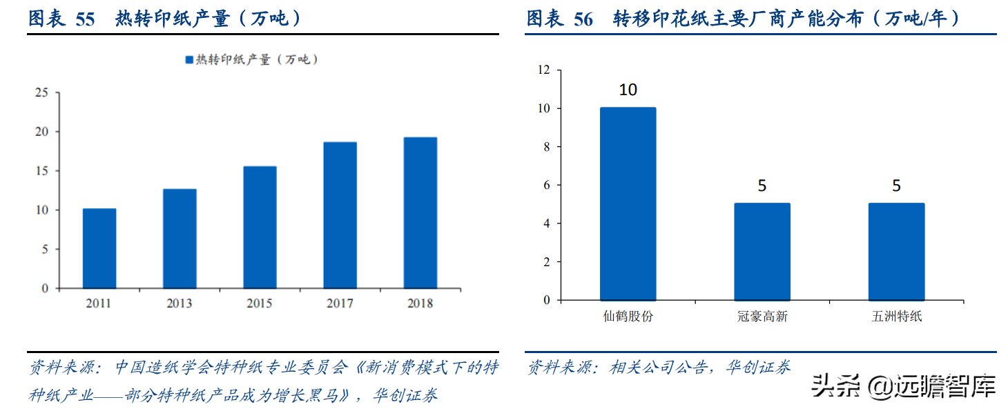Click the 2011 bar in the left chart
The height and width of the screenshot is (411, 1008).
tap(99, 248)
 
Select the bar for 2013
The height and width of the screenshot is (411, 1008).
tap(180, 239)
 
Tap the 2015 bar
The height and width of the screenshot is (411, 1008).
tap(260, 227)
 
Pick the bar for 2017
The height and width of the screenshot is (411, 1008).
tap(340, 215)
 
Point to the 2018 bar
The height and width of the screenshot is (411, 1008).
tap(420, 212)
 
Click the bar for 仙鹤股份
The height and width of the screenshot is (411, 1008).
tap(628, 204)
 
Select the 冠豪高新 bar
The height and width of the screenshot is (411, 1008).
tap(762, 252)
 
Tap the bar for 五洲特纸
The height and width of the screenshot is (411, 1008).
tap(896, 252)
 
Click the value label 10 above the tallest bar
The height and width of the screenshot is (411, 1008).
tap(628, 90)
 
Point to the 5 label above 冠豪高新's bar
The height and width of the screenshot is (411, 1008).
tap(762, 186)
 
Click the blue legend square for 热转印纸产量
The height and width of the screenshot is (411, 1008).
tap(189, 60)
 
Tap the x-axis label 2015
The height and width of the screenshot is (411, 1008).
tap(260, 303)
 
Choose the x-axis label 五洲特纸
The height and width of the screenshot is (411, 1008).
tap(896, 317)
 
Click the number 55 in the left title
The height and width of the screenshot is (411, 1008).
tap(84, 19)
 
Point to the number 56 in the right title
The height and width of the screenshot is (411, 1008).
tap(583, 19)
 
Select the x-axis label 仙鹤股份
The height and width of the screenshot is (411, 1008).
tap(628, 317)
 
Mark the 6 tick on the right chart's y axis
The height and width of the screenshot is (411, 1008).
tap(546, 185)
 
